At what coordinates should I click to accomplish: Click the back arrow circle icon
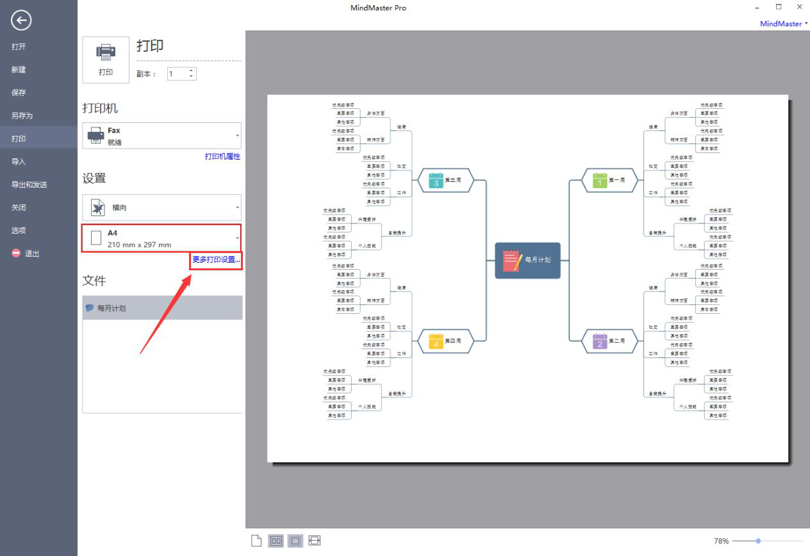[21, 21]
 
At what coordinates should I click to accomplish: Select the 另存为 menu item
[22, 116]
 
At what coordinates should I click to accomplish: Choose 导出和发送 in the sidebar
[29, 184]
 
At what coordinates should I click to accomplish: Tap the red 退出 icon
[16, 253]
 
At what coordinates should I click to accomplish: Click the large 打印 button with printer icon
[106, 60]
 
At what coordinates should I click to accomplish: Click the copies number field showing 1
[177, 74]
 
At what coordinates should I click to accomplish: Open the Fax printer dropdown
[161, 136]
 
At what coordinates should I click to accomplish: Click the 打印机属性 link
[222, 156]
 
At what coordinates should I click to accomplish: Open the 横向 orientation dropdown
[161, 208]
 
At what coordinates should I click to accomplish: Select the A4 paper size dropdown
[161, 238]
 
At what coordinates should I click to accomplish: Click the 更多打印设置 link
[217, 259]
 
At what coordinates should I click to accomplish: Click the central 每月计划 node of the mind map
[527, 261]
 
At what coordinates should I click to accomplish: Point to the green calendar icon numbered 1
[600, 180]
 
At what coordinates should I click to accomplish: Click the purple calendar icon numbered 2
[600, 341]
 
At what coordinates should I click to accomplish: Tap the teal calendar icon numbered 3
[436, 180]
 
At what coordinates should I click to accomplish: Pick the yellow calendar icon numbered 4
[436, 341]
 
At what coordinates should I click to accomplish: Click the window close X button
[799, 7]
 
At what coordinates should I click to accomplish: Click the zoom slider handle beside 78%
[758, 541]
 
